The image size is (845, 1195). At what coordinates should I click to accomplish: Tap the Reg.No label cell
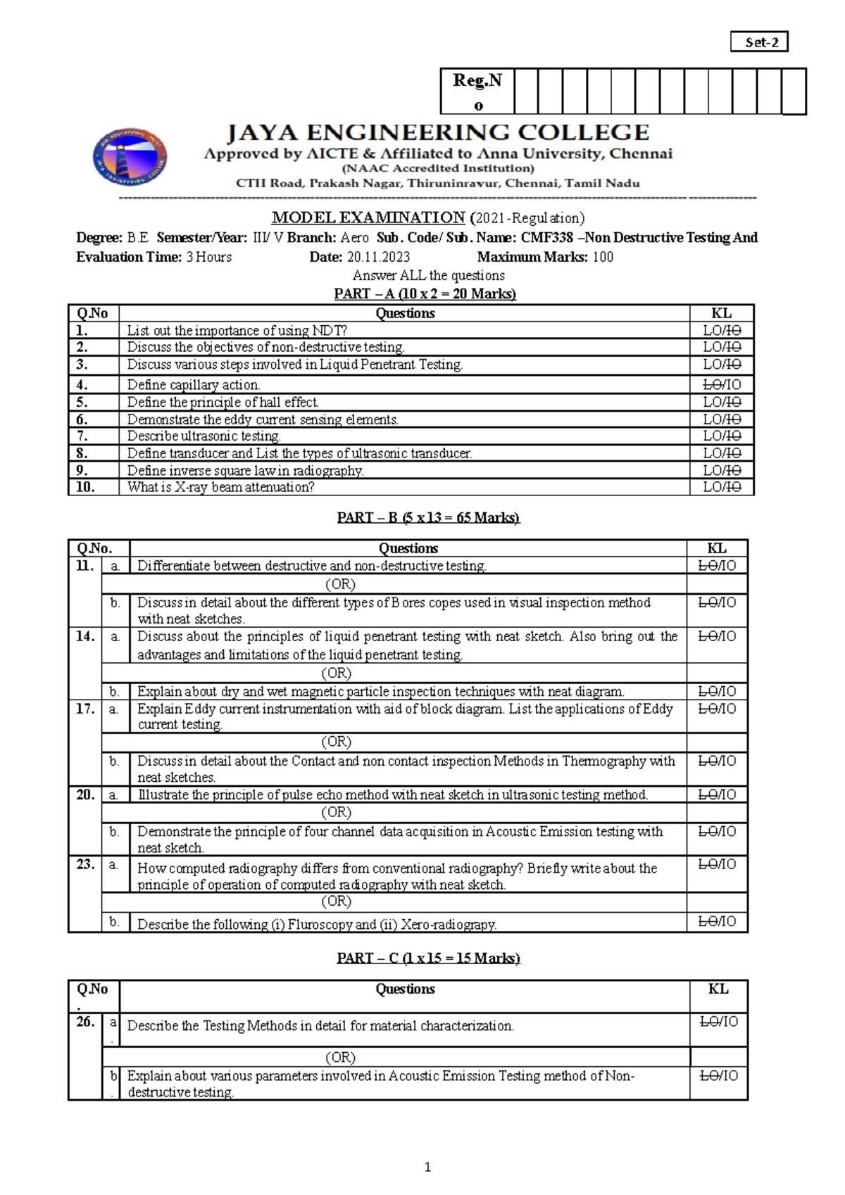477,91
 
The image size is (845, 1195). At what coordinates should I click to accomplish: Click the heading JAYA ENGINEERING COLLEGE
437,132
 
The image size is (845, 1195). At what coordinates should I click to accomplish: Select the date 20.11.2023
378,257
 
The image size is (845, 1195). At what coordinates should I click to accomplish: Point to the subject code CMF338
546,238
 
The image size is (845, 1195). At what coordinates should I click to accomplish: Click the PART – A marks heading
425,293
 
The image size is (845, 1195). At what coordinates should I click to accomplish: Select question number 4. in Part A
82,384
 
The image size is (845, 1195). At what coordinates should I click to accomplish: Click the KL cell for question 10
722,487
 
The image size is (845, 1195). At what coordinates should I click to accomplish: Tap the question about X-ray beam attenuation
220,487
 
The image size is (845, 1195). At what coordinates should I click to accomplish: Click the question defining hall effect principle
223,402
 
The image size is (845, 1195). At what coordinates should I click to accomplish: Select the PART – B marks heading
428,517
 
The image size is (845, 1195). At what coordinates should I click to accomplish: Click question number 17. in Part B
85,709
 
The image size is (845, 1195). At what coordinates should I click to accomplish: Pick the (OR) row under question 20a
336,812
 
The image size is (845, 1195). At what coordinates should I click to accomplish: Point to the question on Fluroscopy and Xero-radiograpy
317,924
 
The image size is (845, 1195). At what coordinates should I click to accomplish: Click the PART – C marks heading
428,958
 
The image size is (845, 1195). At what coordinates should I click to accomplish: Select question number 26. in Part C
85,1022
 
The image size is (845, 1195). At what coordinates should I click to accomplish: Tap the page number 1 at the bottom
427,1167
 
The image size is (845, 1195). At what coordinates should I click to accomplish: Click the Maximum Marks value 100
603,257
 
